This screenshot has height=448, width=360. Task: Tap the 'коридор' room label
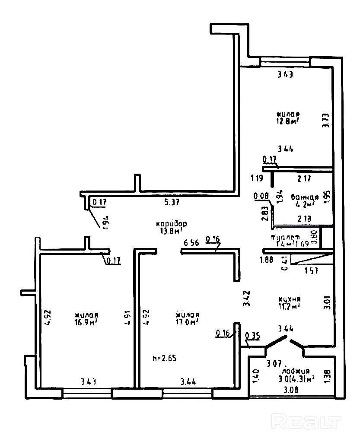click(x=172, y=224)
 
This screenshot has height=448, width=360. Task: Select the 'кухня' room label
click(x=290, y=299)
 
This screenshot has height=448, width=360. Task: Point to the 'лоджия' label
click(x=296, y=371)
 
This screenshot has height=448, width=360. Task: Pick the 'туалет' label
click(x=285, y=237)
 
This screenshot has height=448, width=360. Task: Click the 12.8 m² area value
click(x=288, y=122)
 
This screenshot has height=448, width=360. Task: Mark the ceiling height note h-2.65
click(x=165, y=358)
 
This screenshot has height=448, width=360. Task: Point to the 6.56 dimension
click(x=191, y=243)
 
